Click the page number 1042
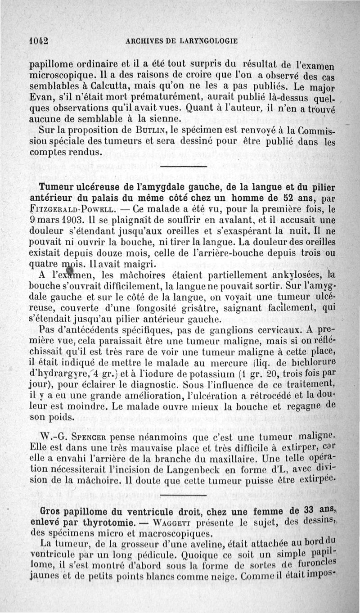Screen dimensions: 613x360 pos(39,40)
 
